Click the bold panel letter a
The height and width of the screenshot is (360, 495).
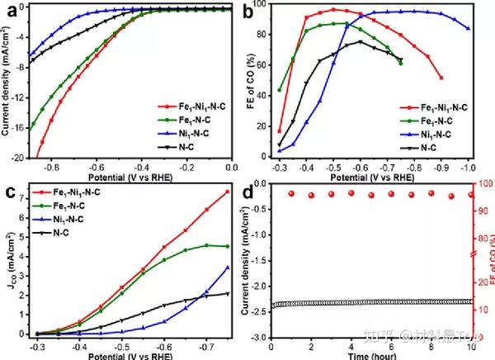point(9,12)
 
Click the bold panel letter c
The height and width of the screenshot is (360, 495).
point(9,195)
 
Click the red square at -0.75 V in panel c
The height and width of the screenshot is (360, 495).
point(228,192)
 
